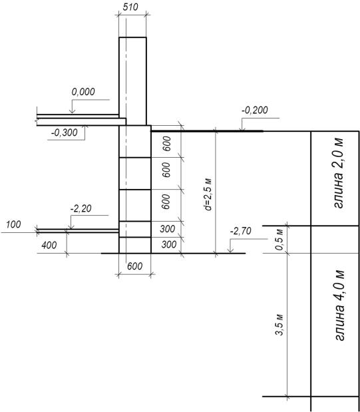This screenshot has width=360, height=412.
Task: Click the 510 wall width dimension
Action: (130, 7)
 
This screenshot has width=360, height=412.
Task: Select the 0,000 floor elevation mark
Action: (83, 92)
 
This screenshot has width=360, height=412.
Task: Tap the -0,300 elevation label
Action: (65, 132)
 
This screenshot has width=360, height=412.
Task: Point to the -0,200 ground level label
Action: (255, 110)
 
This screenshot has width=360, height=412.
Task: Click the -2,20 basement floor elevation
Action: (81, 208)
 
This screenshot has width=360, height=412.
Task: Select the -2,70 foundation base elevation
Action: (241, 231)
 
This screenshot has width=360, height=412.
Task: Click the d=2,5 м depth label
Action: (208, 194)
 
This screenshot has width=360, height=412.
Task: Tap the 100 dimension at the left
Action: (13, 225)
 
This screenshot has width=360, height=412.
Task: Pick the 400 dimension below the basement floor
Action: (49, 245)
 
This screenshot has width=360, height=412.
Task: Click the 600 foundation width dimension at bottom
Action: (135, 266)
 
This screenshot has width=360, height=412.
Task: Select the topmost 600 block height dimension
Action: (166, 144)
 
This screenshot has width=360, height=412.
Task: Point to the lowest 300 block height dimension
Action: (169, 245)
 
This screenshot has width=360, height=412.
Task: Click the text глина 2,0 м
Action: (339, 172)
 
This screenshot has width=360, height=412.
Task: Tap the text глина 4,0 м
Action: (339, 305)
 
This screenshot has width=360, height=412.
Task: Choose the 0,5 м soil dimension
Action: (280, 240)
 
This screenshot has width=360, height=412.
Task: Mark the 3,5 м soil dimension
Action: (280, 325)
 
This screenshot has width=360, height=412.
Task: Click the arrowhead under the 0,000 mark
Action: (72, 111)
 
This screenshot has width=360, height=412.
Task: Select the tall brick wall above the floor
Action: (132, 81)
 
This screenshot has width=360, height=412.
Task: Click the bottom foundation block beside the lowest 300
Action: (135, 245)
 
